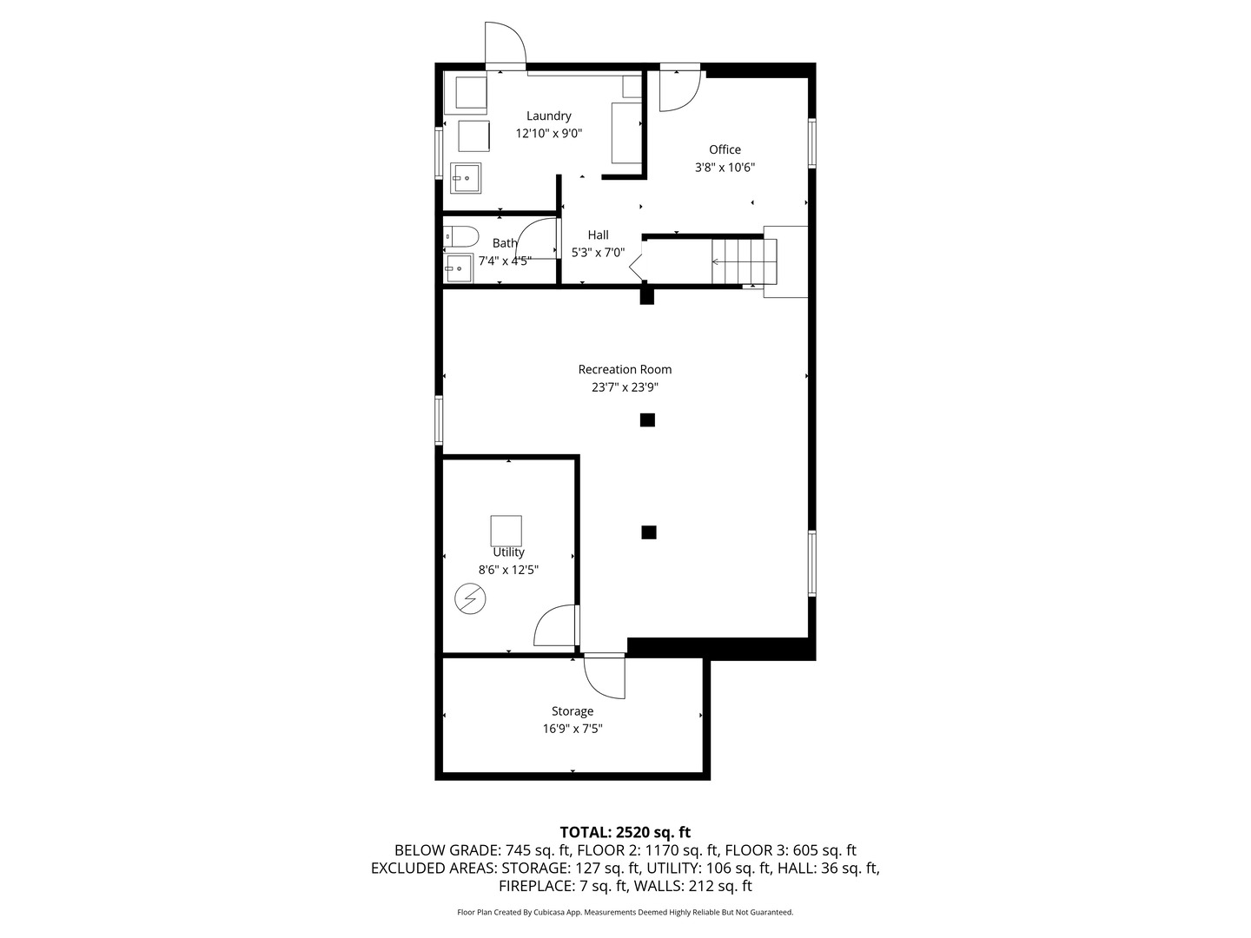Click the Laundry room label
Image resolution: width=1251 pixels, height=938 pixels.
point(548,116)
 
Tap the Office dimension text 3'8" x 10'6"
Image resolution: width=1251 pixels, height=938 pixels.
point(725,168)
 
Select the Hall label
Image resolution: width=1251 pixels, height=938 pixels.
point(598,234)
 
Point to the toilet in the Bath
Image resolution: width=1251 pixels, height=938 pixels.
point(460,235)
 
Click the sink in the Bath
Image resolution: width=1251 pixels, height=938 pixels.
point(458,268)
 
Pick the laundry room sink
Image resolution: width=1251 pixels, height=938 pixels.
point(466,178)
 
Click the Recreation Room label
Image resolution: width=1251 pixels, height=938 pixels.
point(625,369)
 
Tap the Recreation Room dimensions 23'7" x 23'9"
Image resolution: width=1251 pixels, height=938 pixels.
point(625,388)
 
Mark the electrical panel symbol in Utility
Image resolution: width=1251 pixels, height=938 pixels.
point(470,599)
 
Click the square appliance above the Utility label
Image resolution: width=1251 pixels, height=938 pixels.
point(506,530)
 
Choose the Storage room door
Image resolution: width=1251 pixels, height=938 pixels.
point(605,676)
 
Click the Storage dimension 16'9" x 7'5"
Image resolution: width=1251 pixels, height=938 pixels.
point(573,730)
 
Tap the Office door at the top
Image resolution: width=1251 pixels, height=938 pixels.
point(679,89)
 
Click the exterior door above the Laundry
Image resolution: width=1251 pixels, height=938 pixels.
point(505,43)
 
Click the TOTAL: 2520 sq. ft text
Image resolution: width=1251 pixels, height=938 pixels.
point(625,832)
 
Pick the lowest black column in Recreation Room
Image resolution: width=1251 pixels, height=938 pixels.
point(648,532)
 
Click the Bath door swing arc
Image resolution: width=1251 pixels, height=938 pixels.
point(537,239)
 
